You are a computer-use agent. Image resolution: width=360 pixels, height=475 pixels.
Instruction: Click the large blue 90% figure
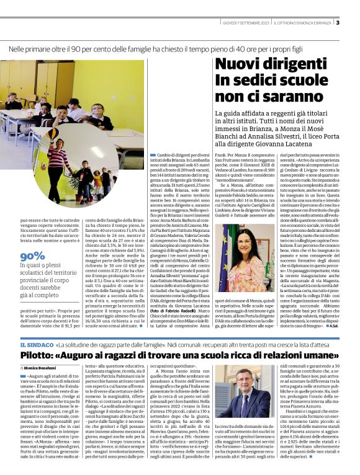[x=32, y=255]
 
